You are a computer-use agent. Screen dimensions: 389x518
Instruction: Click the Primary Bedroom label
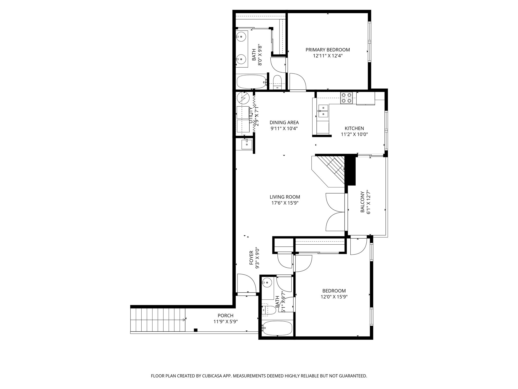coord(328,50)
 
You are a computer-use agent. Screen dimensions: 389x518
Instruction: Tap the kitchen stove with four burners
coord(347,98)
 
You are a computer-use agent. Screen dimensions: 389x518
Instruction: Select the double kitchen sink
coord(323,111)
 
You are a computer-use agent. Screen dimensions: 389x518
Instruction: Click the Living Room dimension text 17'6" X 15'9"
coord(285,203)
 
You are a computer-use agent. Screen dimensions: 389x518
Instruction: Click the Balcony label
coord(362,202)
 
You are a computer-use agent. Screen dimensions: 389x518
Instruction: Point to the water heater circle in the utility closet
coord(243,98)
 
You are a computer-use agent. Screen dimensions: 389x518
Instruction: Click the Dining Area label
coord(284,123)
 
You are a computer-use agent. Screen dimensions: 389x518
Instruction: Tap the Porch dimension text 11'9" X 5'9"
coord(225,322)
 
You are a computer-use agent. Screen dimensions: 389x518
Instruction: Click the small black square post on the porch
coord(196,330)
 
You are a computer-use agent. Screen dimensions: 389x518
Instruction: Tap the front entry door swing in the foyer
coord(246,284)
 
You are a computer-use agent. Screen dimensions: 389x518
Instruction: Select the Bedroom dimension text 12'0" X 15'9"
coord(334,297)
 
